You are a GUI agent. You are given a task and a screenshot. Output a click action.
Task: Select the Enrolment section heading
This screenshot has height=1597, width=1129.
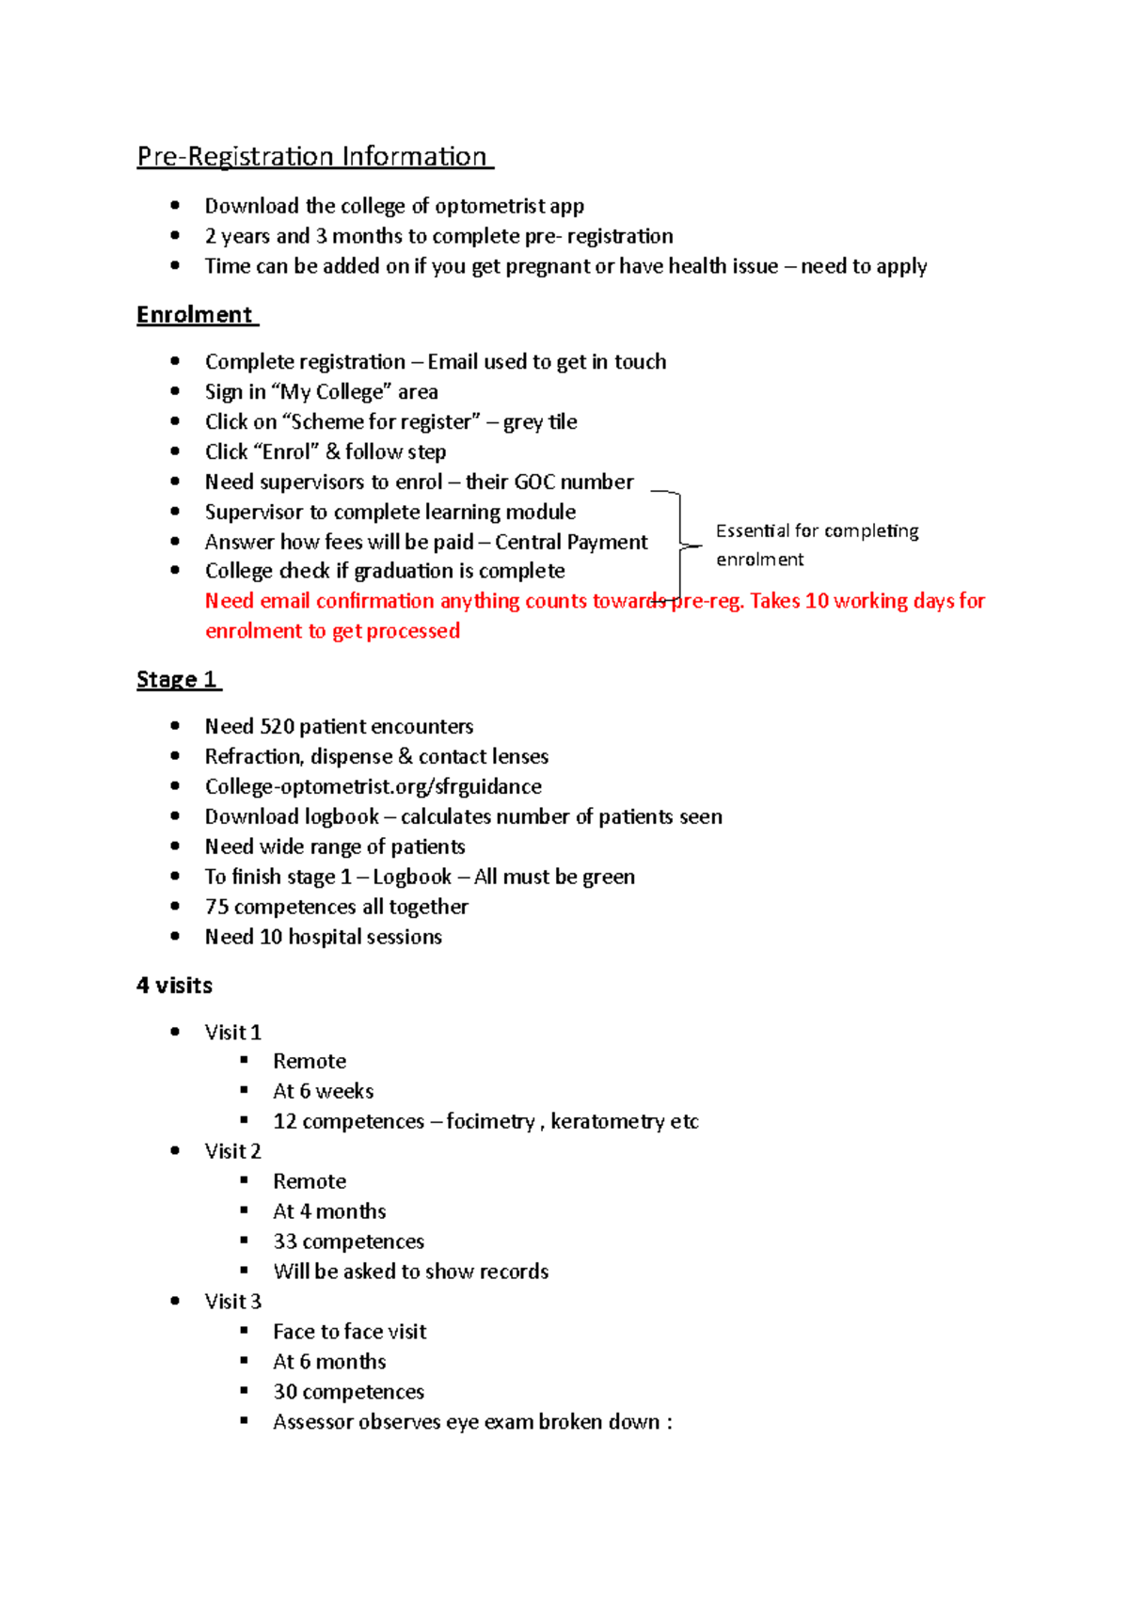coord(195,315)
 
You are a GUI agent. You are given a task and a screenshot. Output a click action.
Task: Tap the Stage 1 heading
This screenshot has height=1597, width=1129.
coord(177,680)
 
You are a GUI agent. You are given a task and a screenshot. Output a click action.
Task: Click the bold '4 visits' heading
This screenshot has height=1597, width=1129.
coord(175,986)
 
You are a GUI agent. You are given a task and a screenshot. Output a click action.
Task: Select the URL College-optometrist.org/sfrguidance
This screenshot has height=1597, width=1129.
coord(373,787)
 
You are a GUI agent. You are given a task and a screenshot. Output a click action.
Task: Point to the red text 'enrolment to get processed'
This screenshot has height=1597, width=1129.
coord(332,631)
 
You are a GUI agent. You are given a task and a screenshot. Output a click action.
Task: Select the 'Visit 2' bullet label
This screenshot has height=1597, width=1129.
coord(233,1152)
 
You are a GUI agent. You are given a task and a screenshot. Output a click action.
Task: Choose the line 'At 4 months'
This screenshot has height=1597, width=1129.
coord(329,1212)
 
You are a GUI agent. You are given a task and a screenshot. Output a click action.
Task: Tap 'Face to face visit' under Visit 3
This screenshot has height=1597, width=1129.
coord(349,1333)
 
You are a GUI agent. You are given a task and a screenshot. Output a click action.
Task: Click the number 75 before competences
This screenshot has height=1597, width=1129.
coord(217,908)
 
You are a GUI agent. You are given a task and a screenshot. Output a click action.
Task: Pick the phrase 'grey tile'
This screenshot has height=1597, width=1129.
coord(540,422)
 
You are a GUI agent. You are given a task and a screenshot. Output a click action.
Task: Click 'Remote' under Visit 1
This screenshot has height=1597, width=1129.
coord(310,1062)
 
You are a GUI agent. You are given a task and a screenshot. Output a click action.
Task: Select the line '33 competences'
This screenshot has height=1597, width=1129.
coord(348,1242)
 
